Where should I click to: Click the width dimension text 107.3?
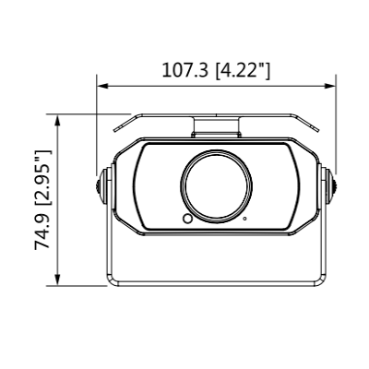(184, 70)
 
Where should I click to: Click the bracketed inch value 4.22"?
(243, 70)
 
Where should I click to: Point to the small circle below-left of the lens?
(187, 219)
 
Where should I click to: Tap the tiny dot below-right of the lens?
(244, 219)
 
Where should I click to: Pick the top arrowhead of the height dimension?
(60, 118)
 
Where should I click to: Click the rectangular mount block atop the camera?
(216, 128)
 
